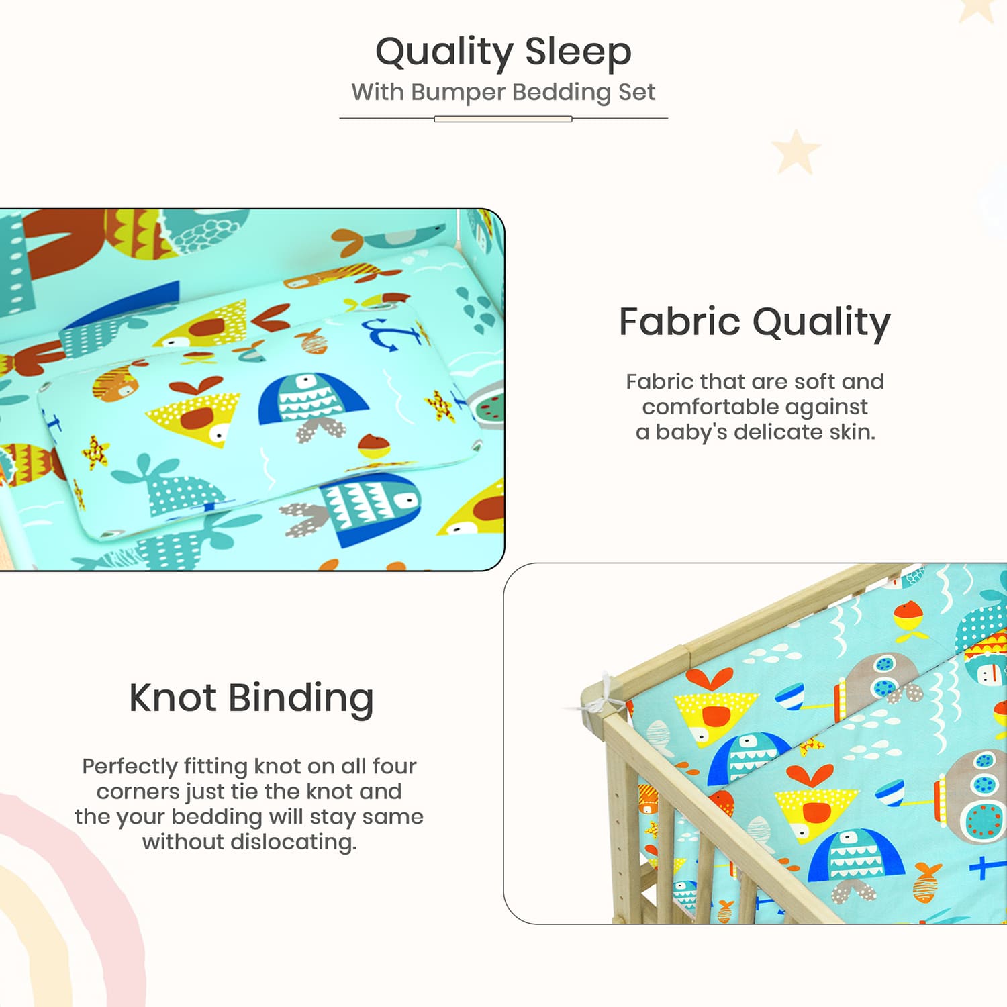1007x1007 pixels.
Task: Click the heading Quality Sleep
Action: point(503,52)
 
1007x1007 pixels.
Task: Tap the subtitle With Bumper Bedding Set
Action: point(503,92)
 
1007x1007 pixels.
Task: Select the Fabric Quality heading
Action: point(755,322)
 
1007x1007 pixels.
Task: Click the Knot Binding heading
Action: point(251,698)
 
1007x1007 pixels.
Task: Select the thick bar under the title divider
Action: point(503,119)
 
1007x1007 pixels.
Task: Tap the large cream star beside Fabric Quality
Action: point(796,151)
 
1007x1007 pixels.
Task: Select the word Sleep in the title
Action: point(578,52)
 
